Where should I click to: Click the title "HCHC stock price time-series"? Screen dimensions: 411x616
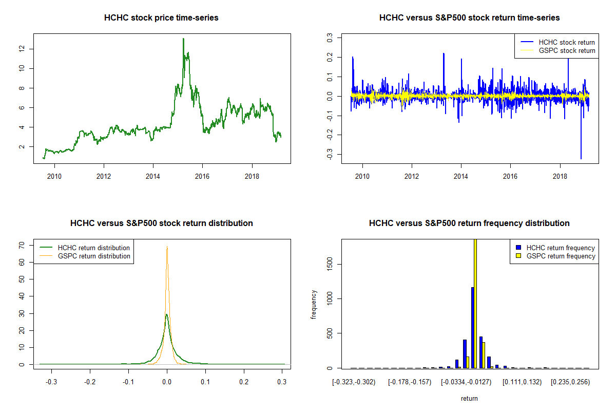click(x=161, y=18)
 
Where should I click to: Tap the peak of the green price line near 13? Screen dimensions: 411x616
click(x=183, y=39)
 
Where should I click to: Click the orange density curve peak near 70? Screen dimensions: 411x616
click(x=167, y=248)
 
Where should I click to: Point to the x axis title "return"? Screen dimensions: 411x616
click(x=469, y=398)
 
